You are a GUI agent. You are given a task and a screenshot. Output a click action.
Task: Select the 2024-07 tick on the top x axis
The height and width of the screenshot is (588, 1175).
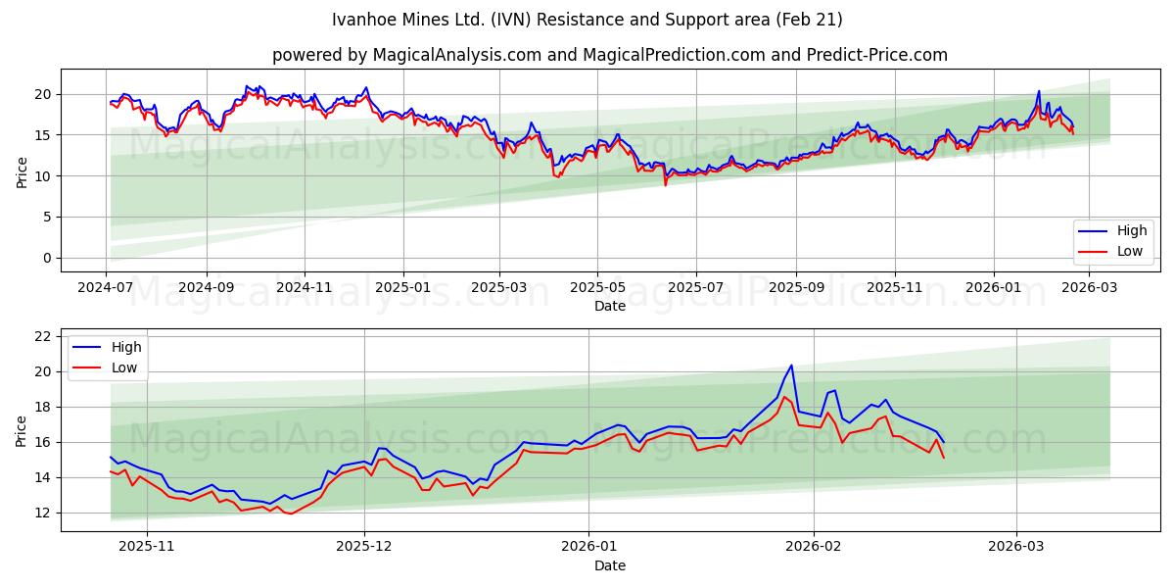(x=107, y=288)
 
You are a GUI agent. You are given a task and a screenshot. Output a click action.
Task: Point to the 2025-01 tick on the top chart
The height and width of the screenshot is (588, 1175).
(x=402, y=288)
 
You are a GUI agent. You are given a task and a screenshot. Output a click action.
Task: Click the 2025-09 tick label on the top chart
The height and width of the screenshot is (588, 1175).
(x=795, y=288)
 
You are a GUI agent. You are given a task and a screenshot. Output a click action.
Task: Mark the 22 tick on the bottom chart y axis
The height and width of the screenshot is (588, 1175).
(x=43, y=336)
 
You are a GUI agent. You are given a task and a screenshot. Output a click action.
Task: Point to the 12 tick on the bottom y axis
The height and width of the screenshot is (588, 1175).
(x=43, y=513)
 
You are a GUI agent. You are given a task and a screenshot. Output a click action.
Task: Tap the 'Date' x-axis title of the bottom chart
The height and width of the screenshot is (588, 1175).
(x=609, y=565)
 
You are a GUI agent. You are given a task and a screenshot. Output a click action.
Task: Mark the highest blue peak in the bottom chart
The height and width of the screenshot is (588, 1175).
(x=791, y=366)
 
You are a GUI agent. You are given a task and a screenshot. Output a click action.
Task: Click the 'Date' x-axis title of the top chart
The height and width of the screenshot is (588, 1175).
(x=609, y=306)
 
